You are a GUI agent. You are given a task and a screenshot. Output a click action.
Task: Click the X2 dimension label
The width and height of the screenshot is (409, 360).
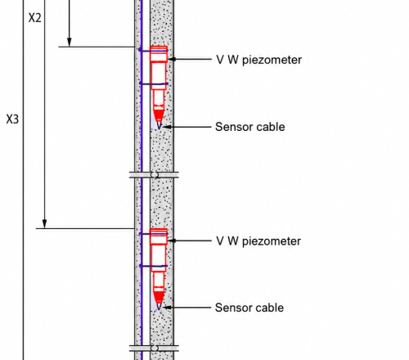(35, 18)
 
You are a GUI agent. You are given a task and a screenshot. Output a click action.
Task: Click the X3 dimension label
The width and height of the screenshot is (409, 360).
(12, 119)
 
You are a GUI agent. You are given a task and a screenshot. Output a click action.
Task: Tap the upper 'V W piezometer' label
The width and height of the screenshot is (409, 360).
(258, 60)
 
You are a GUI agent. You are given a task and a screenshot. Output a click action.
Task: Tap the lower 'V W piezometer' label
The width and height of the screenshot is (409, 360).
(258, 241)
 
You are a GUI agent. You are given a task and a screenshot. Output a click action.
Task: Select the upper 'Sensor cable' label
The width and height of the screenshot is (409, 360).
(250, 127)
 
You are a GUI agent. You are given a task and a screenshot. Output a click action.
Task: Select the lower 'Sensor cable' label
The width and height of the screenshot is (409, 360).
(249, 308)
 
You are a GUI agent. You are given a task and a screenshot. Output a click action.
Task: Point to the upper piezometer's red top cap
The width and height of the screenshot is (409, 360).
(159, 54)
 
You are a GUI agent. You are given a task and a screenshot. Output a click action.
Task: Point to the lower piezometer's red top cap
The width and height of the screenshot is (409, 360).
(159, 236)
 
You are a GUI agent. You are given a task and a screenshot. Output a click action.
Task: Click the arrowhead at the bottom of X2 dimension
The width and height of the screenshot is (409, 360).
(45, 223)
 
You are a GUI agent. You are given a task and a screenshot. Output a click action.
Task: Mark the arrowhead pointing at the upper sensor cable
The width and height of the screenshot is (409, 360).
(167, 127)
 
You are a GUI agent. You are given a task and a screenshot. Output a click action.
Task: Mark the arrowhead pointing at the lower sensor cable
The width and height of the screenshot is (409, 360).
(167, 308)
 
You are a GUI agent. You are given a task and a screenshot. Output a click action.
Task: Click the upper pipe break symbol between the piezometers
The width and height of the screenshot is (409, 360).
(154, 175)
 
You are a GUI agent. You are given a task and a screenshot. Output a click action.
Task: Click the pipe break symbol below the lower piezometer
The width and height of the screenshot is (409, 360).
(154, 349)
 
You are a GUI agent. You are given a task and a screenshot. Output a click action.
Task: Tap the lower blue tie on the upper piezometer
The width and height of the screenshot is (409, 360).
(154, 83)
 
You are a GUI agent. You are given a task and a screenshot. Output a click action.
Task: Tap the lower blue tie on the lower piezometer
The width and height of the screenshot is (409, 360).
(154, 266)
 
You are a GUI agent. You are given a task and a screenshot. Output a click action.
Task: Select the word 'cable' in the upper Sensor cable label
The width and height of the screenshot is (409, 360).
(269, 127)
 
